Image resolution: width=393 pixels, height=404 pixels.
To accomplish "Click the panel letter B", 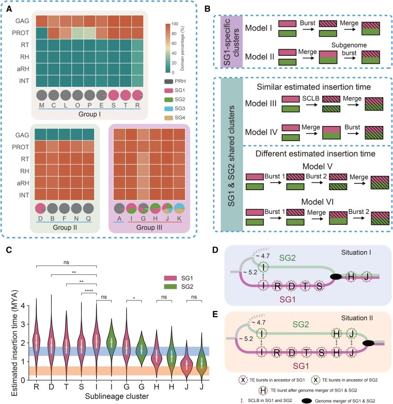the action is point(207,9).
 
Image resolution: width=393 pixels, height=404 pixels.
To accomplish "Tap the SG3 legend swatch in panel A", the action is point(169,108).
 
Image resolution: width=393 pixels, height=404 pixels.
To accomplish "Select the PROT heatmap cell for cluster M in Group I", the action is point(42,33).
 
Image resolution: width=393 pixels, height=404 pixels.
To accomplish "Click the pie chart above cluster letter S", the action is point(113,95).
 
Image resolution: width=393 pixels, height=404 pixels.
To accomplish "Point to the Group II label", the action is point(65,227).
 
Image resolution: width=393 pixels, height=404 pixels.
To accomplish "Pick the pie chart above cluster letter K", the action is point(179,208).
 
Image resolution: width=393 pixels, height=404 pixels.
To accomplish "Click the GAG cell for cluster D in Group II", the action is point(40,135).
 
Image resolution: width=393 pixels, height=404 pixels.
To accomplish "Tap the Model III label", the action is point(261,103).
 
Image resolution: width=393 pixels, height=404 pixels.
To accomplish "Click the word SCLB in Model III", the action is point(311,99).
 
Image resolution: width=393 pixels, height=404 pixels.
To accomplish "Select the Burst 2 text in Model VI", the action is point(359,212).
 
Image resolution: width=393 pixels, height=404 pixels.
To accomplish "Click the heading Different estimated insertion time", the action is point(315,154).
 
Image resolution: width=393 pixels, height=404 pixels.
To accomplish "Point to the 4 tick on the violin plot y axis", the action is point(23,306).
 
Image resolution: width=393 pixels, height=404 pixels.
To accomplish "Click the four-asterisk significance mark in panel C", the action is point(89,291).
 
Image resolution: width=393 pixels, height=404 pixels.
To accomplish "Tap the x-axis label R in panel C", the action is point(36,387).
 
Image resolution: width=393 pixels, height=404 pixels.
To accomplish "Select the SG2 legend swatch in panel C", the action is point(171,287).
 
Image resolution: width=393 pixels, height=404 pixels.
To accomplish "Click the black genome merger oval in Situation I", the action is point(336,277).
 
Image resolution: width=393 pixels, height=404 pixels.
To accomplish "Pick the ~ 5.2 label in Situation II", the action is point(246,339).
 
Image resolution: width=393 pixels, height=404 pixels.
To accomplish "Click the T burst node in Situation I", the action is point(305,286).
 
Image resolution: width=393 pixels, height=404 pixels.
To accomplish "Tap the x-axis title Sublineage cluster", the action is point(117,396).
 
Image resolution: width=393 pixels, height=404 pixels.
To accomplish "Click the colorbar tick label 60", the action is point(174,43).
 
